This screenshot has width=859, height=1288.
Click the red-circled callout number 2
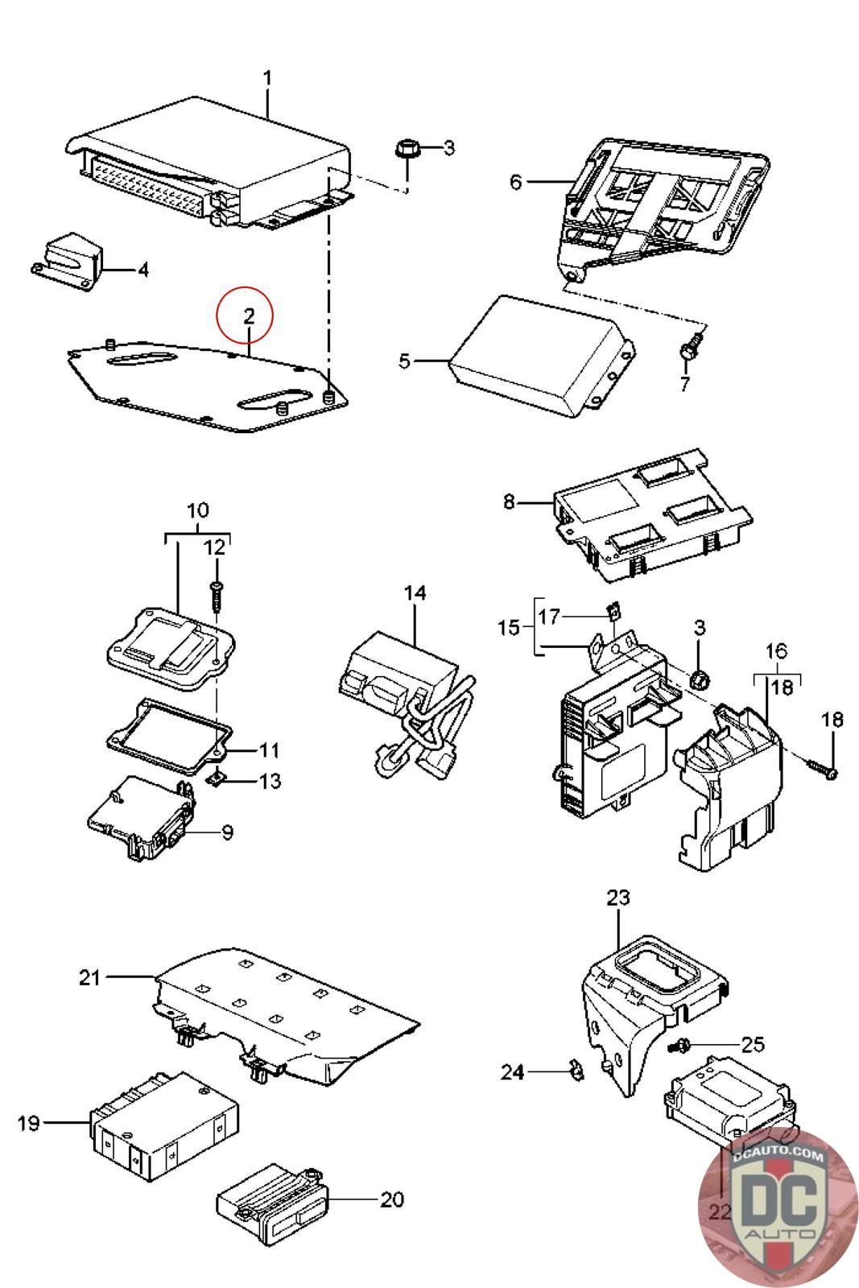click(249, 316)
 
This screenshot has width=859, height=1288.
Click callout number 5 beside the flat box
click(405, 361)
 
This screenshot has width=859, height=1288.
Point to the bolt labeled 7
click(689, 347)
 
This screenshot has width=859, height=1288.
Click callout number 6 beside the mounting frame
click(516, 182)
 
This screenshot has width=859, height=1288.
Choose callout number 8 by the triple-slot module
click(509, 502)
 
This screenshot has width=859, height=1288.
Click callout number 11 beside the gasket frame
click(269, 749)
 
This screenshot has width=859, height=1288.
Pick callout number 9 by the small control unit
click(228, 832)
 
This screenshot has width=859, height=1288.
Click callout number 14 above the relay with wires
click(415, 592)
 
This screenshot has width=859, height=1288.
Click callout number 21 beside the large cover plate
click(89, 976)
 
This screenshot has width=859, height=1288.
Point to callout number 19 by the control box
click(28, 1122)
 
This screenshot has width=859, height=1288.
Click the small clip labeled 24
click(576, 1067)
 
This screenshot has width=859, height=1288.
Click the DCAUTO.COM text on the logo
click(778, 1154)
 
